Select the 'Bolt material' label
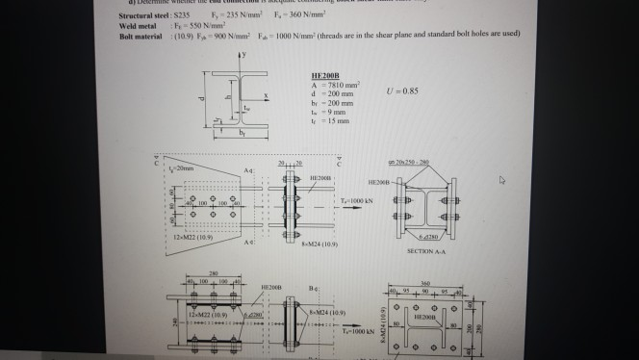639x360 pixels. pos(136,34)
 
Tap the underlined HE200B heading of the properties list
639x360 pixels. pos(324,73)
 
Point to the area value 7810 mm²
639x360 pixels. pos(334,83)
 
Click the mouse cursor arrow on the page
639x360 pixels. pos(503,179)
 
